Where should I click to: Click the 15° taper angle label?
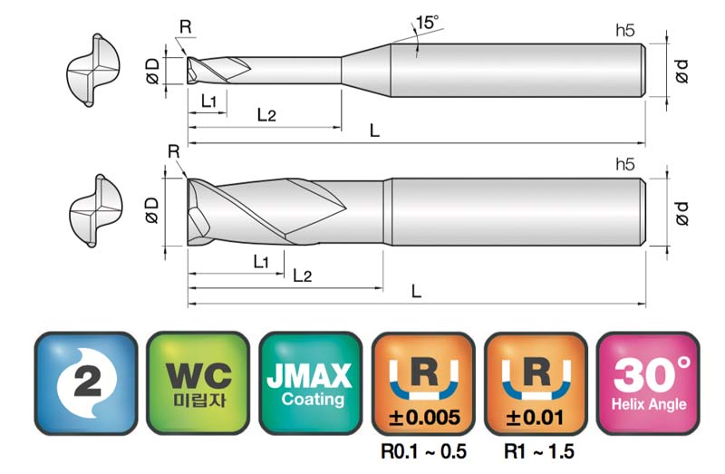click(x=427, y=22)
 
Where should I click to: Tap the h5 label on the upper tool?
click(x=625, y=31)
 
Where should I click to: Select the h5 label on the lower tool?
click(x=625, y=165)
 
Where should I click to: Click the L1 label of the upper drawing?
click(x=208, y=101)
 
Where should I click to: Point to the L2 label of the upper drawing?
click(x=266, y=114)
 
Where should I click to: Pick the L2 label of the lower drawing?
click(x=303, y=276)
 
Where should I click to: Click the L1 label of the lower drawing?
click(x=261, y=262)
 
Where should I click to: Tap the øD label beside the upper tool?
click(x=152, y=72)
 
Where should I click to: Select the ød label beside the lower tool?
click(x=681, y=213)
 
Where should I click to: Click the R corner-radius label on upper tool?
click(x=186, y=27)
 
